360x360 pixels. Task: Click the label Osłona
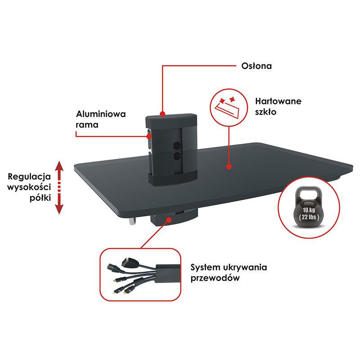click(x=256, y=66)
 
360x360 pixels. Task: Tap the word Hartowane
click(x=278, y=101)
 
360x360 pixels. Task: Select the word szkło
click(x=265, y=112)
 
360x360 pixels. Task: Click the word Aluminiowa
click(x=101, y=114)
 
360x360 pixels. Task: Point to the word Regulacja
click(x=29, y=177)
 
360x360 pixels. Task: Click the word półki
click(x=40, y=198)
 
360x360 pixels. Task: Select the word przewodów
click(x=215, y=278)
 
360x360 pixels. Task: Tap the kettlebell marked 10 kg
click(x=309, y=207)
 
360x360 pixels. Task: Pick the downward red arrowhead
click(x=59, y=209)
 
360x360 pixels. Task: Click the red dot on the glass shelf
click(x=229, y=166)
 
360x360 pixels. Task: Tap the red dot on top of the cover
click(x=162, y=114)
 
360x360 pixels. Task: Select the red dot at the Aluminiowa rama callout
click(x=149, y=137)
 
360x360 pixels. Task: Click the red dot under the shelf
click(x=169, y=220)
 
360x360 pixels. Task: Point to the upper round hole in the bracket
click(x=177, y=145)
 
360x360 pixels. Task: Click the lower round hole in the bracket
click(x=177, y=156)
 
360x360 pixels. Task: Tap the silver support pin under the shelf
click(x=132, y=221)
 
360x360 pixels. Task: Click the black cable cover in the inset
click(x=167, y=274)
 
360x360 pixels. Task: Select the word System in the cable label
click(x=202, y=268)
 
